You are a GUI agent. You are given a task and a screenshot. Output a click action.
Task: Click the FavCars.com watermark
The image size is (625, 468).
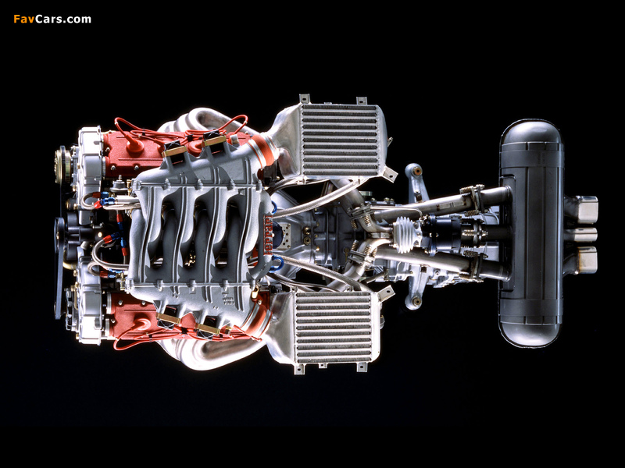pos(52,19)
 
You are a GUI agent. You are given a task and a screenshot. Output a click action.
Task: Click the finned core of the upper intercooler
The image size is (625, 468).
pos(339,140)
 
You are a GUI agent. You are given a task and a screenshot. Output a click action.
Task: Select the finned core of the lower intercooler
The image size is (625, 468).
pos(334,327)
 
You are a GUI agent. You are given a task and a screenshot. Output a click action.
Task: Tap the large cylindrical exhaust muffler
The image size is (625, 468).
pos(531,233)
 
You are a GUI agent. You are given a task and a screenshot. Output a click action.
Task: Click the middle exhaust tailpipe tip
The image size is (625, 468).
pos(586,235)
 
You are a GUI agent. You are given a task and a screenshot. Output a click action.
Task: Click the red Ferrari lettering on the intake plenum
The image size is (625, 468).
pos(269,236)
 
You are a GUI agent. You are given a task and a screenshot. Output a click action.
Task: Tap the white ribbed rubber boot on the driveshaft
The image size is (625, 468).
pos(407,235)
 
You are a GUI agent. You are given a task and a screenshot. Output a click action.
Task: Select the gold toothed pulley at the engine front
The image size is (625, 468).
pos(62,165)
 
